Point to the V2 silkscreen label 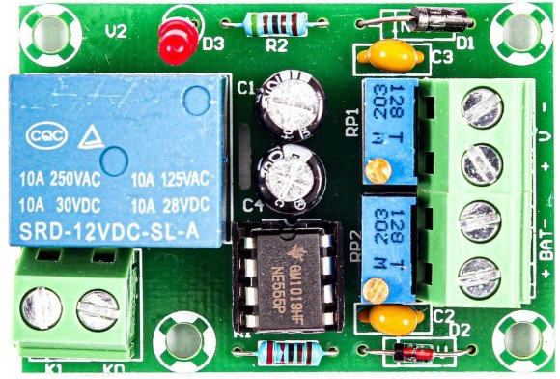tap(116, 30)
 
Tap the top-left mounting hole tap(46, 33)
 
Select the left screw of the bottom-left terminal tap(42, 306)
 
